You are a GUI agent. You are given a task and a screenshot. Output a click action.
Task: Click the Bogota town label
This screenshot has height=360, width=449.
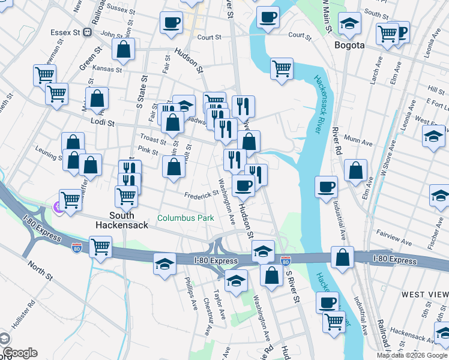(x=349, y=45)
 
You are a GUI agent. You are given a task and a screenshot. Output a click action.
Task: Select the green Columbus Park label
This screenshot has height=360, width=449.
(x=185, y=218)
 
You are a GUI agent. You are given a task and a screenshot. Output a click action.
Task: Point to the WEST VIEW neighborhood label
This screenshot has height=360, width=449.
(x=424, y=294)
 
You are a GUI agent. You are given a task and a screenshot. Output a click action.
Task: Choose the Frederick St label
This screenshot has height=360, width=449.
(x=201, y=194)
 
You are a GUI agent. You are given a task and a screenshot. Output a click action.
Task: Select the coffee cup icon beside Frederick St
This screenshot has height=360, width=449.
(x=243, y=185)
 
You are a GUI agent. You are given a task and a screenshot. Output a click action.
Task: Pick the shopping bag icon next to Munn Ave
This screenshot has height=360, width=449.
(x=356, y=170)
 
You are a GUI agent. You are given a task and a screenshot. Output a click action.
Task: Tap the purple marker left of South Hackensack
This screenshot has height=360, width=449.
(x=58, y=208)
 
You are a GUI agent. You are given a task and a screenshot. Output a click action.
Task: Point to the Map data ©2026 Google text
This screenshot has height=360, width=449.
(x=412, y=355)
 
